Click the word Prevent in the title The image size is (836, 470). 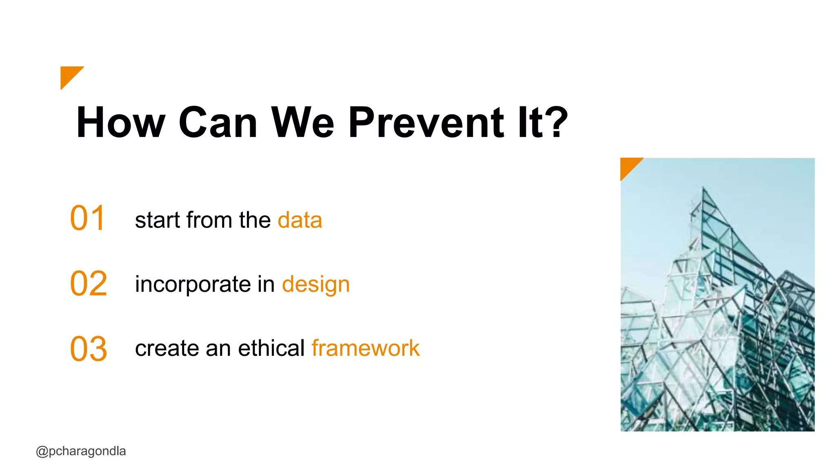click(x=426, y=122)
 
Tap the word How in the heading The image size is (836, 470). click(x=121, y=122)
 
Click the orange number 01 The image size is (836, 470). click(x=88, y=219)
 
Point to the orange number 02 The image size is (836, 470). click(x=89, y=284)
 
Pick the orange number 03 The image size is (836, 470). click(x=89, y=349)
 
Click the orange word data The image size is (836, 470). click(x=300, y=220)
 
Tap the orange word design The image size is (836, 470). click(x=316, y=285)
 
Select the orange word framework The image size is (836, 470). click(x=365, y=348)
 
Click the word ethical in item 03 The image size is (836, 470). click(x=271, y=348)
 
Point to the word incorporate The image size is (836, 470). click(x=193, y=285)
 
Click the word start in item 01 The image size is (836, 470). click(x=158, y=221)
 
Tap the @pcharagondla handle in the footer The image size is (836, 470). click(x=81, y=451)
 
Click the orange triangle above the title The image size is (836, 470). click(x=69, y=75)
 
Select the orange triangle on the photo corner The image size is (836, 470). click(x=628, y=165)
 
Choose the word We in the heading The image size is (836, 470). click(x=302, y=122)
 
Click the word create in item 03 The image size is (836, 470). click(x=167, y=349)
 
